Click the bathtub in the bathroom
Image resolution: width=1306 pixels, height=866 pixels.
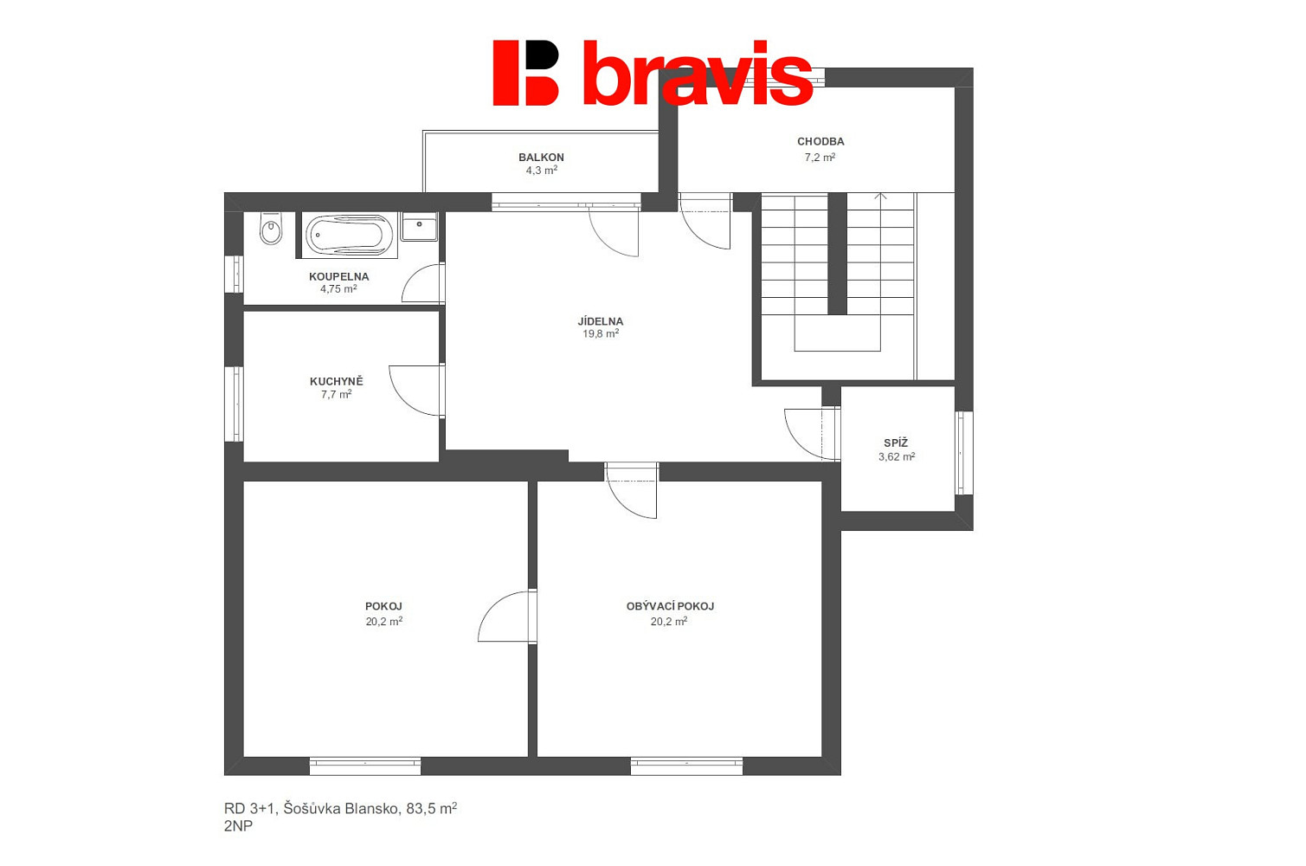coord(350,236)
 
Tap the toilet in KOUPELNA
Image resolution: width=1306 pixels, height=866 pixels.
coord(271,228)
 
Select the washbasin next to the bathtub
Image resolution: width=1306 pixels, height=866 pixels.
coord(419,226)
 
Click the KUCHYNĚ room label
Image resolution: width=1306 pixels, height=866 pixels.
coord(337,382)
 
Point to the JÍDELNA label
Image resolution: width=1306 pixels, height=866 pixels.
coord(601,321)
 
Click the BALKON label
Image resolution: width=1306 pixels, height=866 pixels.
coord(541,157)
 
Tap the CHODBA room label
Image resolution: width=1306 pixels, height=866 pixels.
coord(820,141)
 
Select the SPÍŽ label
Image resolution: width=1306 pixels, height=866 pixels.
coord(896,443)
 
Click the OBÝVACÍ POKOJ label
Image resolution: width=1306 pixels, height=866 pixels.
coord(670,606)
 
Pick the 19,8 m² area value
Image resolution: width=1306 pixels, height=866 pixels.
coord(601,333)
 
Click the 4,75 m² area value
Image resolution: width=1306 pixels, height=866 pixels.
coord(338,289)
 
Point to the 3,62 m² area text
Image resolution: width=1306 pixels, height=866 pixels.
coord(897,457)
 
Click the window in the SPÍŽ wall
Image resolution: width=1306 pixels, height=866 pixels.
coord(964,453)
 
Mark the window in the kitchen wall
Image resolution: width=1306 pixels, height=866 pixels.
coord(234,404)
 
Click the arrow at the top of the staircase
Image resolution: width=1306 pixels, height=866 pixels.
coord(880,197)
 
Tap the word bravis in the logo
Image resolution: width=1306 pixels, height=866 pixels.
coord(698,74)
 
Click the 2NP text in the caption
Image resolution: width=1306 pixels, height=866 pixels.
coord(239,826)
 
